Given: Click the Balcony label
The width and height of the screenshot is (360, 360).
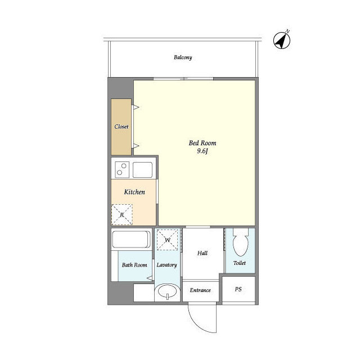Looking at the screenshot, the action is point(183,57).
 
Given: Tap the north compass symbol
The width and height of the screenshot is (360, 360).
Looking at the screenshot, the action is point(282,40).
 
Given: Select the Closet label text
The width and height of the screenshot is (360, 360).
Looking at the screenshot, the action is point(121,127).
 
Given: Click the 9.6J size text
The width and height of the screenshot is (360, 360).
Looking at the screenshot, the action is point(202,151).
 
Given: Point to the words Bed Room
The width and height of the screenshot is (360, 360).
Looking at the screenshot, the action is point(202,143).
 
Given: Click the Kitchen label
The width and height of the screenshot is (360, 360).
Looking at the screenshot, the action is point(134,192).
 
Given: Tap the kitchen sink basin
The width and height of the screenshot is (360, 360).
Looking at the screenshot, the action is point(142,170).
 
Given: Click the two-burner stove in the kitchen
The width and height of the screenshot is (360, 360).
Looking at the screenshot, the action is point(122,170).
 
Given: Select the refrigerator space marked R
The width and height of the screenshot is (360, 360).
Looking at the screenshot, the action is point(122,214).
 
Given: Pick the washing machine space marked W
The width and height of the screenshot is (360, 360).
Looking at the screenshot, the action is point(168,240).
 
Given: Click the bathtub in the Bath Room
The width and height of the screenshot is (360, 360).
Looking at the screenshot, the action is point(131,239).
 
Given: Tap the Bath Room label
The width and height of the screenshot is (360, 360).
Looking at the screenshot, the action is point(134,265).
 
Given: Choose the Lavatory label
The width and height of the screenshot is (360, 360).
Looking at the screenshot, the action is point(166,265).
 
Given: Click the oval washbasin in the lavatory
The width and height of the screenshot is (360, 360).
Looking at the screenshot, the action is point(168,291).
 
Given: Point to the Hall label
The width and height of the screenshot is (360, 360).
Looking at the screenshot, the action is point(202,253).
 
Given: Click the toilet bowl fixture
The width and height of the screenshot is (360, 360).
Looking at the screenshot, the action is point(241,242).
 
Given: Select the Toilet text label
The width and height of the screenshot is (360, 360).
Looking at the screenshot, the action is point(240,263).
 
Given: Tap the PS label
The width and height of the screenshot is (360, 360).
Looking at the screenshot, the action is point(238,289).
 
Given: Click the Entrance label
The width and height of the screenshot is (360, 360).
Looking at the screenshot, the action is point(200,290).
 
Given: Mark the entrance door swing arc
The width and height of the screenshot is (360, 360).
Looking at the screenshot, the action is point(196,325).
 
